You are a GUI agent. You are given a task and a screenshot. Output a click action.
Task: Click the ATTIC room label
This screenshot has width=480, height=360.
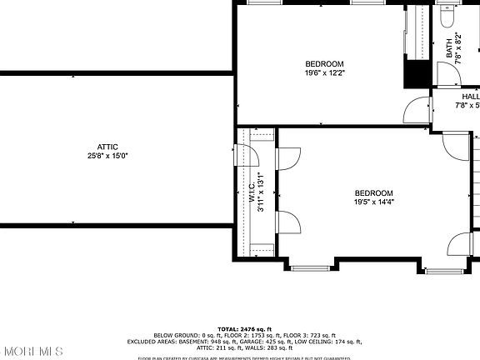tap(108, 146)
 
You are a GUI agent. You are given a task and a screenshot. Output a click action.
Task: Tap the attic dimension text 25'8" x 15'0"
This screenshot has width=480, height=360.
tap(108, 156)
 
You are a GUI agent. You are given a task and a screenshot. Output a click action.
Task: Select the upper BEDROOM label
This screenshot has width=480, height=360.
tap(324, 64)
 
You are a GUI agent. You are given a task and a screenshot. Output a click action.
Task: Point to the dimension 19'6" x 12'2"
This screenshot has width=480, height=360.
tap(324, 73)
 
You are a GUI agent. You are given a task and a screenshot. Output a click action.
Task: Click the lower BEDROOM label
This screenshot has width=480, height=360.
tap(373, 193)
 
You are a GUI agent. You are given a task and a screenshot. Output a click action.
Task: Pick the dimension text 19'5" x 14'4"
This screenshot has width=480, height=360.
tap(373, 202)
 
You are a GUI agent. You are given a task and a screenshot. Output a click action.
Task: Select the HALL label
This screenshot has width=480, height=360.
tap(471, 97)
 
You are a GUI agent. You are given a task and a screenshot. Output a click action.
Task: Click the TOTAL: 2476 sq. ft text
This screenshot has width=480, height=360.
tap(240, 329)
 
